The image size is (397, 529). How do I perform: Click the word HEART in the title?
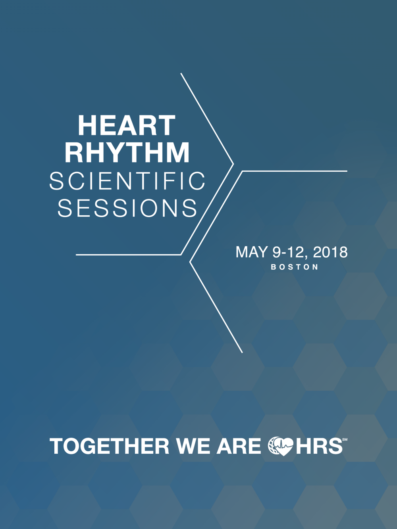pyautogui.click(x=127, y=125)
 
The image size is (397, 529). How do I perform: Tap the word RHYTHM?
pyautogui.click(x=127, y=152)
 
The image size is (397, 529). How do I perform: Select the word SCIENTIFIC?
pyautogui.click(x=127, y=181)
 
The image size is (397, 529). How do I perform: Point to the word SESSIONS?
pyautogui.click(x=127, y=208)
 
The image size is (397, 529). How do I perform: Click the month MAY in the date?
pyautogui.click(x=252, y=252)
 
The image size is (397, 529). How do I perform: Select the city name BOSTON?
pyautogui.click(x=295, y=267)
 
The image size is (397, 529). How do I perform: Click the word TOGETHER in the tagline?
pyautogui.click(x=110, y=446)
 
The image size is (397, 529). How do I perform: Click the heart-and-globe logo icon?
pyautogui.click(x=281, y=447)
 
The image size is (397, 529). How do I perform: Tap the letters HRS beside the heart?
pyautogui.click(x=318, y=446)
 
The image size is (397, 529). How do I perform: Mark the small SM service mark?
pyautogui.click(x=345, y=439)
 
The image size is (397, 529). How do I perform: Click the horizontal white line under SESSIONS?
pyautogui.click(x=128, y=255)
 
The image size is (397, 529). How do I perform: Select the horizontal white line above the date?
pyautogui.click(x=295, y=171)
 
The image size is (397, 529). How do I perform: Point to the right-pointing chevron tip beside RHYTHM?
pyautogui.click(x=233, y=164)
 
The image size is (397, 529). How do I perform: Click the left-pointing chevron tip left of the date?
pyautogui.click(x=190, y=262)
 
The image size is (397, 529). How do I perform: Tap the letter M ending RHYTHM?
pyautogui.click(x=178, y=152)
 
